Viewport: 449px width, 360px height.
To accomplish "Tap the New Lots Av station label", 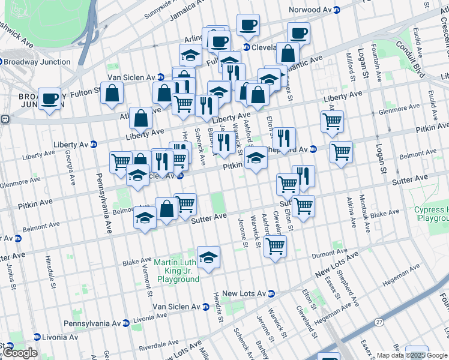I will [x=244, y=293].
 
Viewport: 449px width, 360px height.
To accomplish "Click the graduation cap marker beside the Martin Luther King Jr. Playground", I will [x=208, y=257].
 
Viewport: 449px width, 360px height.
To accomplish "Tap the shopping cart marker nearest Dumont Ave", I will [x=275, y=245].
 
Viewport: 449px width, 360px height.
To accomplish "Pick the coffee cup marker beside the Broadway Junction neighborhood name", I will [x=50, y=98].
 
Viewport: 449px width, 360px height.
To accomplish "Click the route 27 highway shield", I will [x=379, y=322].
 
